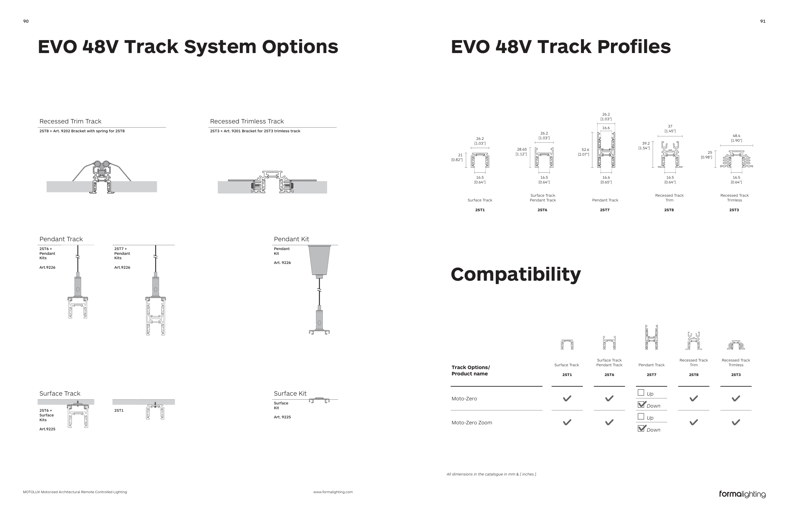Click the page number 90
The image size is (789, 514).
(x=26, y=21)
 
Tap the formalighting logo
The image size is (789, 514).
(x=742, y=494)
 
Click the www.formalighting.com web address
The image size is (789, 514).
(x=333, y=492)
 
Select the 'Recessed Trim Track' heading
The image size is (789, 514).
(x=70, y=121)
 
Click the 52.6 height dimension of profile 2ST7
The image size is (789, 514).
(x=585, y=150)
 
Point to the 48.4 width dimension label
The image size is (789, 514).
(x=736, y=136)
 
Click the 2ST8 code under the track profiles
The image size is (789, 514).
(x=669, y=210)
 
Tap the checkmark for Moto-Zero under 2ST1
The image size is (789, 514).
(x=567, y=398)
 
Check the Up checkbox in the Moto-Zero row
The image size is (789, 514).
(x=641, y=393)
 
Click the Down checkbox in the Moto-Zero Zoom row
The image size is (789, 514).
(x=641, y=428)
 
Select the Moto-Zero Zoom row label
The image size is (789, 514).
(x=472, y=422)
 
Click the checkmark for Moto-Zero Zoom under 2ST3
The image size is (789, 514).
(x=736, y=422)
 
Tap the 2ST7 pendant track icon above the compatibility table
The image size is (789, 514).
(x=651, y=337)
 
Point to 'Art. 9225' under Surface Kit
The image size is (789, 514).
(x=282, y=417)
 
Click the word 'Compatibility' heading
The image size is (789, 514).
(x=516, y=275)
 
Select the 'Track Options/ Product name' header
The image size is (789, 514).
(x=471, y=370)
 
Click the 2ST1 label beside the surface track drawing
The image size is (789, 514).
(x=119, y=410)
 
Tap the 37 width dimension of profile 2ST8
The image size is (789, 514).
(x=670, y=126)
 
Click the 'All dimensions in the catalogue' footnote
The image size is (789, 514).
(x=492, y=474)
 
